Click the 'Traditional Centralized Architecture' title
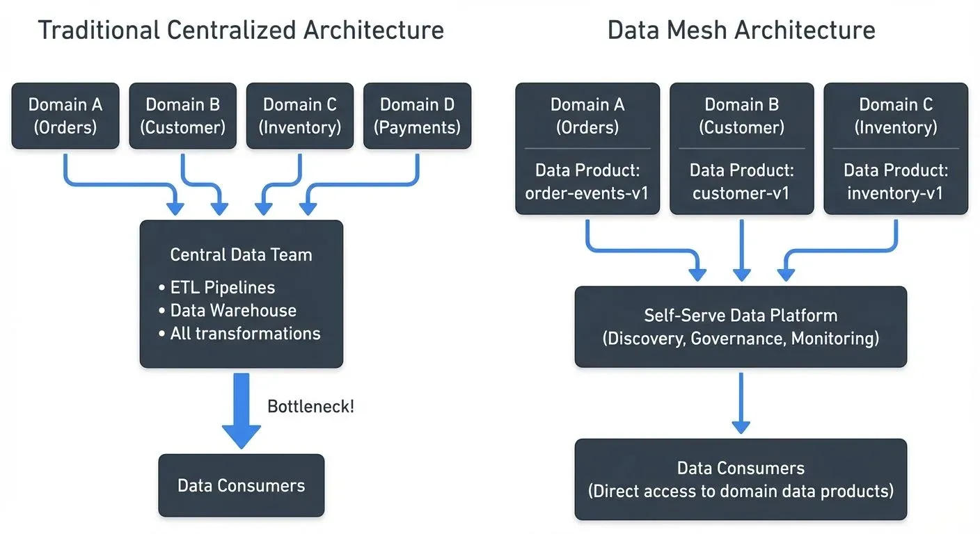240,31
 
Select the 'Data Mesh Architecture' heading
741,31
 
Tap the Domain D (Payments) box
417,116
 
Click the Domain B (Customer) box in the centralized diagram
182,116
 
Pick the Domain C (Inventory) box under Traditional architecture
299,116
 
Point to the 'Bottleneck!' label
310,407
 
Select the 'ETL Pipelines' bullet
222,288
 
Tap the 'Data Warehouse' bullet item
232,311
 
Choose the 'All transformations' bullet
245,334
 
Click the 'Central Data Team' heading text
241,254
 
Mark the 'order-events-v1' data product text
587,193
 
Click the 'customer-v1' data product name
741,193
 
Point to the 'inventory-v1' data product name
895,193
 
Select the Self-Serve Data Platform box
741,327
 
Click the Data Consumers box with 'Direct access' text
741,479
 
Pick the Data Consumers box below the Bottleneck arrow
241,485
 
